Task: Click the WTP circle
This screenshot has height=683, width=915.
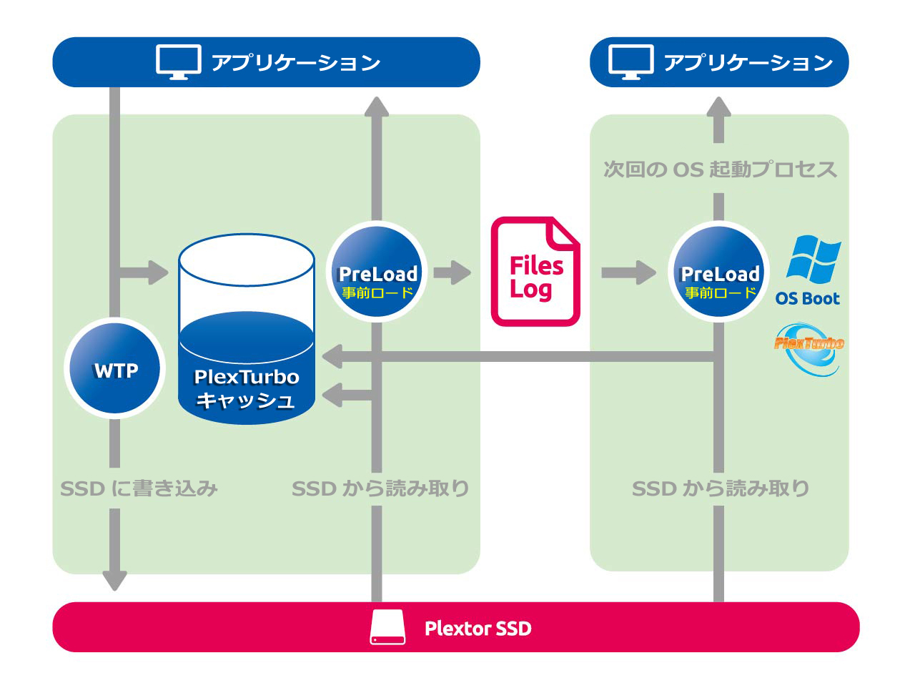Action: click(x=115, y=369)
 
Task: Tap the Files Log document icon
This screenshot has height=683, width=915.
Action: click(x=535, y=272)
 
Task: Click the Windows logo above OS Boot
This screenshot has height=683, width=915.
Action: click(x=813, y=259)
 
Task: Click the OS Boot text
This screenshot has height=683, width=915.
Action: click(x=807, y=299)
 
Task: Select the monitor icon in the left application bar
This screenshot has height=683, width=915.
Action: click(x=178, y=62)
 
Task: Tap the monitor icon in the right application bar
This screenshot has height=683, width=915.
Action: click(x=630, y=62)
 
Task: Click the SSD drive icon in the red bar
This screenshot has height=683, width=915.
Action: click(x=387, y=627)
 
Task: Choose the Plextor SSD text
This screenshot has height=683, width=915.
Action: click(x=478, y=629)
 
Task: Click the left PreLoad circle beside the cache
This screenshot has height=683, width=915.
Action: click(x=377, y=272)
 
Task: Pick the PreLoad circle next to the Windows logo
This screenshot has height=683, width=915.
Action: click(x=718, y=272)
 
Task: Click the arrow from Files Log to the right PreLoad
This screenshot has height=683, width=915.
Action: click(x=628, y=272)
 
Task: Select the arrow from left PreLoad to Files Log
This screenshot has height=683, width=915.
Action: click(x=452, y=272)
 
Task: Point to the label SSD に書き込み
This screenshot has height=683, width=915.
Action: click(x=139, y=488)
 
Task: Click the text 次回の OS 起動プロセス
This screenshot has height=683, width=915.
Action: click(x=719, y=169)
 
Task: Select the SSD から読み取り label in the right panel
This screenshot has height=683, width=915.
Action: click(x=720, y=488)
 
